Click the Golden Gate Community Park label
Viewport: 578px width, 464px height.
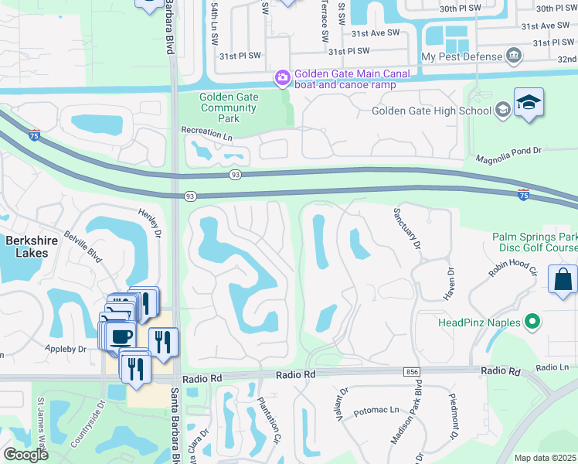tap(228, 107)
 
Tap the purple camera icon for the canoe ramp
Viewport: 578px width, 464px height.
tap(283, 78)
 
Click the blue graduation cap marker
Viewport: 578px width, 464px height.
tap(529, 104)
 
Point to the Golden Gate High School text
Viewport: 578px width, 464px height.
tap(431, 111)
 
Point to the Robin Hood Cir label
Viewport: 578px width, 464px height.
tap(512, 268)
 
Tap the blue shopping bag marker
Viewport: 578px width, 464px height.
tap(563, 280)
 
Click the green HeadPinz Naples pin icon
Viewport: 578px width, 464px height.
tap(532, 322)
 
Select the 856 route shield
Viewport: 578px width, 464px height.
tap(411, 372)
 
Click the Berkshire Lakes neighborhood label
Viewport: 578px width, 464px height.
tap(32, 247)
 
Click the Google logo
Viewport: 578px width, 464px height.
tap(25, 455)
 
